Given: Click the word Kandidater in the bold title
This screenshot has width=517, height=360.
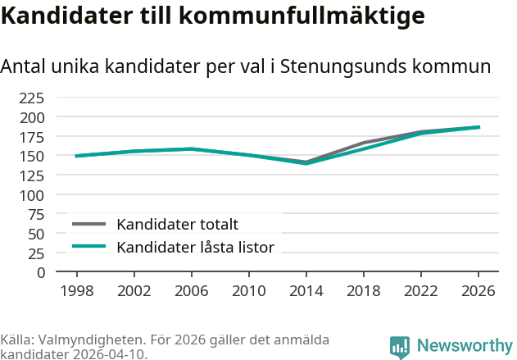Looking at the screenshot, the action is [x=67, y=16].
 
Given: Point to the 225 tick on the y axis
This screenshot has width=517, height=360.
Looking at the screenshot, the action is [x=32, y=98].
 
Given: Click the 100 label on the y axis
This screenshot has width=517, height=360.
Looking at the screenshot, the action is [x=32, y=196].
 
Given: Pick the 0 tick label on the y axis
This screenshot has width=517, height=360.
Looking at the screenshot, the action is [x=41, y=273].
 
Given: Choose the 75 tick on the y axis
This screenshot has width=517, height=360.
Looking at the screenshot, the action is [x=36, y=215].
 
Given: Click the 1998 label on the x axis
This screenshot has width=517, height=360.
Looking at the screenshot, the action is [x=77, y=291].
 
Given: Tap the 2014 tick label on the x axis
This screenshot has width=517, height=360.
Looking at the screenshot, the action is [x=306, y=291].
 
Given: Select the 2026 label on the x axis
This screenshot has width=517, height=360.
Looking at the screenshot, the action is [x=478, y=291].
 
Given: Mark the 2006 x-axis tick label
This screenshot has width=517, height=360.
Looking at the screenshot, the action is [x=192, y=291].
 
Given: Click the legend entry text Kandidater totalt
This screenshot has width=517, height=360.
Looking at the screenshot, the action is [x=178, y=225].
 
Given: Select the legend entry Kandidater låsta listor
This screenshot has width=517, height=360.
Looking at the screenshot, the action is [x=196, y=247].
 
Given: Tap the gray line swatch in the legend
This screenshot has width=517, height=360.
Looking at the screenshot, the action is [x=89, y=224].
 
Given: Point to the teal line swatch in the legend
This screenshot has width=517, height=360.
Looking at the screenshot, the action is [x=89, y=246].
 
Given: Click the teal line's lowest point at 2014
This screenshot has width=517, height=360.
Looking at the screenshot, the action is [x=306, y=163].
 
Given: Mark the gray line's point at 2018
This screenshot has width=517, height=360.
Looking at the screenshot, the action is [x=364, y=143].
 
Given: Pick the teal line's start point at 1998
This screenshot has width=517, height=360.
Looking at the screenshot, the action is [x=77, y=156].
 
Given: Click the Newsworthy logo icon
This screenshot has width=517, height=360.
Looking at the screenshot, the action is [x=400, y=348].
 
